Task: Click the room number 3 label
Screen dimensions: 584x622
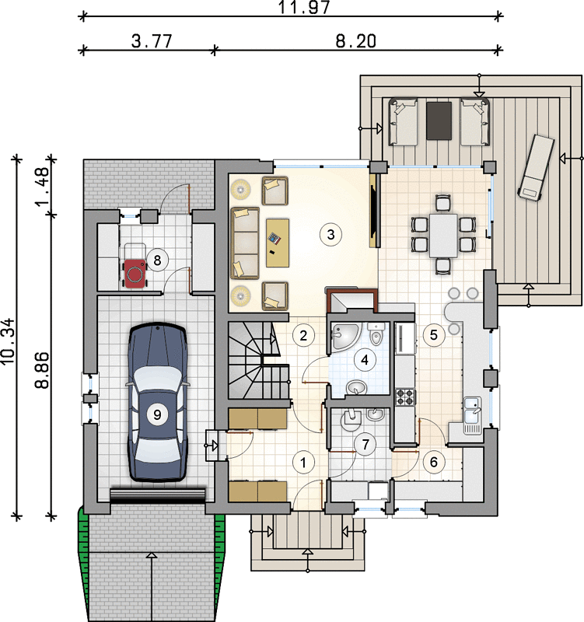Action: click(x=330, y=235)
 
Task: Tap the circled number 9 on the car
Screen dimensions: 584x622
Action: click(x=157, y=414)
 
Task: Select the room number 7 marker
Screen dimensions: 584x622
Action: click(x=365, y=444)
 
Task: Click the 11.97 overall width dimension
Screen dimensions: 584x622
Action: click(x=303, y=7)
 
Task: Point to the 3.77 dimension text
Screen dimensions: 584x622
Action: click(x=152, y=41)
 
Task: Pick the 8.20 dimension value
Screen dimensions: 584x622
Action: click(x=356, y=41)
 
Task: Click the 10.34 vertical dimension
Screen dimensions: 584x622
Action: click(x=8, y=341)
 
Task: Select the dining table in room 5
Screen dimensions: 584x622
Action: click(x=443, y=235)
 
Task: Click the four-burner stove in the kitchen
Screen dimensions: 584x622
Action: click(x=405, y=397)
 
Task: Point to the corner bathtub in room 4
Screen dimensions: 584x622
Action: click(x=344, y=336)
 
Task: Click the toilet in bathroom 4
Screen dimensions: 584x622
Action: click(x=376, y=334)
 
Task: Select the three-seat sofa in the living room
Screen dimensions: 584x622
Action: click(x=245, y=243)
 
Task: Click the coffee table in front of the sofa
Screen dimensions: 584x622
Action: click(x=278, y=243)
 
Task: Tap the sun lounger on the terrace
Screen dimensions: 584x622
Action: click(x=536, y=166)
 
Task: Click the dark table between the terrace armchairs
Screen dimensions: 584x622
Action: click(x=439, y=121)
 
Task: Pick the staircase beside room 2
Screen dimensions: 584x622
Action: click(x=259, y=360)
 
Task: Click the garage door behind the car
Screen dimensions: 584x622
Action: click(x=158, y=496)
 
